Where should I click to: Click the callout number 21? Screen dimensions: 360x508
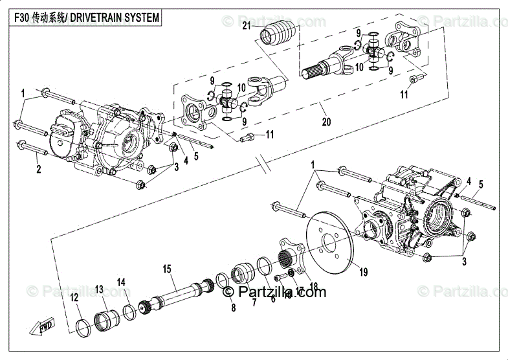(247, 26)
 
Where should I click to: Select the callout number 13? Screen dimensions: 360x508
(99, 288)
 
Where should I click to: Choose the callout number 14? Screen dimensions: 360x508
(121, 282)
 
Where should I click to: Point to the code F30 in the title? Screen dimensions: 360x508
(23, 17)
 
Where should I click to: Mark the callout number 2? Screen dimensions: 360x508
(38, 170)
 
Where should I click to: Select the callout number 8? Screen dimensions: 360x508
(233, 309)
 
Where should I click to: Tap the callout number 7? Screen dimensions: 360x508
(254, 302)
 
